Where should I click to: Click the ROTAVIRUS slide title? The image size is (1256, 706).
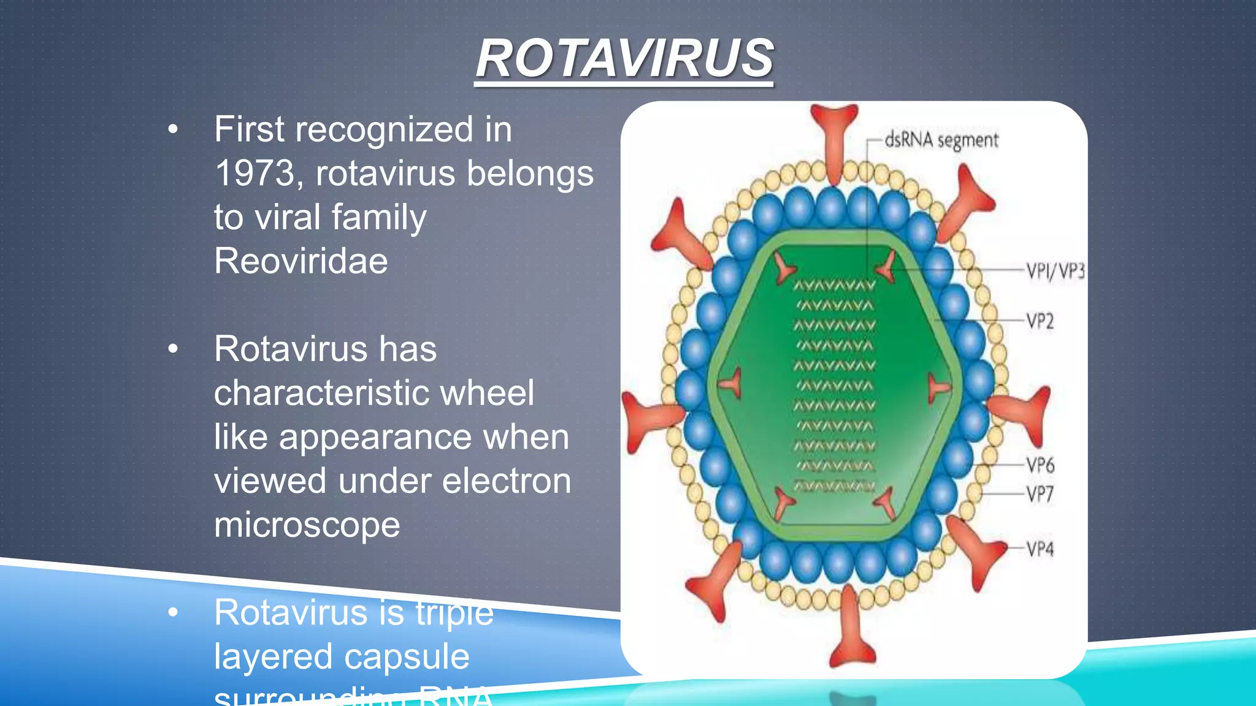624,59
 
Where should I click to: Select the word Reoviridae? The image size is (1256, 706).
301,261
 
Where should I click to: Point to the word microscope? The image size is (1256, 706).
307,525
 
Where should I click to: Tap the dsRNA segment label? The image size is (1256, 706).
941,140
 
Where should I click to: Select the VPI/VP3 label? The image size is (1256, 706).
1055,270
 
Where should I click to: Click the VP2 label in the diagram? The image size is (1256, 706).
1040,321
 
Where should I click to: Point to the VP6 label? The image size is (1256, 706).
1041,465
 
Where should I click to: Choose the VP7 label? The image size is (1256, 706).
1041,494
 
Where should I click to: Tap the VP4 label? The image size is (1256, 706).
1041,548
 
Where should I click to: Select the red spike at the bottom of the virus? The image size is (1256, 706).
851,631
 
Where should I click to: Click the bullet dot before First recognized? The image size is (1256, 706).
173,129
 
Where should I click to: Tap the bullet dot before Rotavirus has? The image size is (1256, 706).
173,349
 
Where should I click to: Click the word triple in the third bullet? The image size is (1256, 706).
454,613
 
